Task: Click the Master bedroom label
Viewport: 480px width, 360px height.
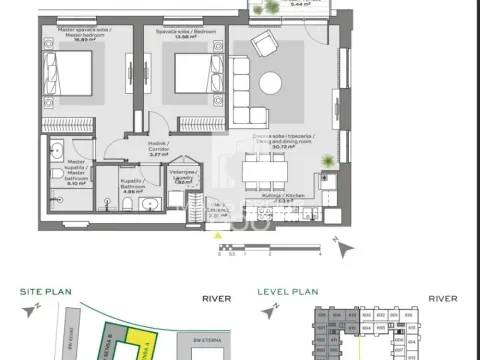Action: coord(67,39)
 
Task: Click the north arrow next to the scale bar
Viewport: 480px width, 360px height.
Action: coord(336,243)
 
